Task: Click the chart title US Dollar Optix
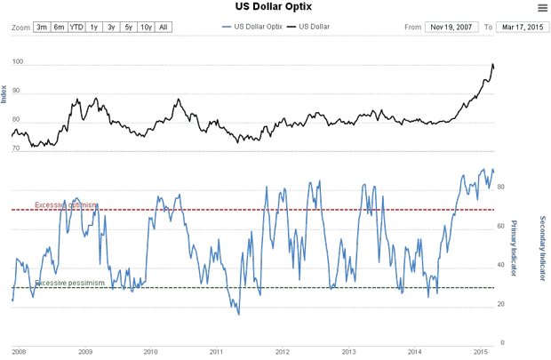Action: [274, 7]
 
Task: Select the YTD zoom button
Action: [76, 28]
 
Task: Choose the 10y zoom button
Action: [145, 28]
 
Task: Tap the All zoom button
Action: [163, 28]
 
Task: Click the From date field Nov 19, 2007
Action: [451, 28]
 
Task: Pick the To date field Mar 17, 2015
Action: [522, 28]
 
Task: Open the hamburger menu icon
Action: [542, 8]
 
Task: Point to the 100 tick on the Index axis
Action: [19, 65]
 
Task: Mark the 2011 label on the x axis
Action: [217, 352]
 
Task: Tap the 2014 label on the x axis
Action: [416, 352]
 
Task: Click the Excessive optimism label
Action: [67, 205]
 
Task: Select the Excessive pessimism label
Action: [69, 283]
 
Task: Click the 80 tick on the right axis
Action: [501, 187]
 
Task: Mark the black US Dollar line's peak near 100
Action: [492, 65]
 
